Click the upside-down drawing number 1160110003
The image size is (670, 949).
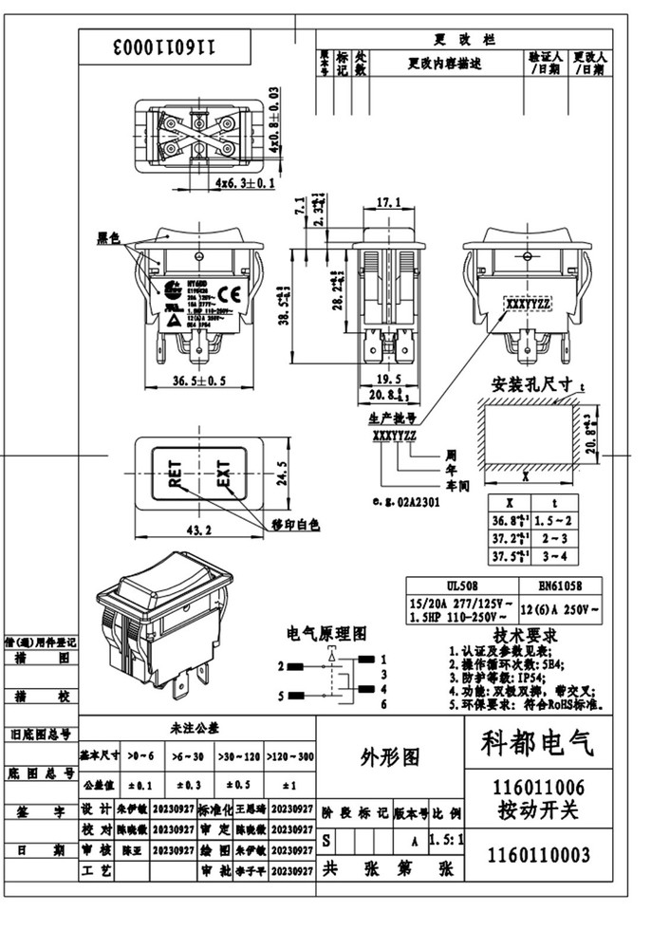(165, 46)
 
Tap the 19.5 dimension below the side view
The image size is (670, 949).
(388, 377)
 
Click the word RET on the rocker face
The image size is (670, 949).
(176, 471)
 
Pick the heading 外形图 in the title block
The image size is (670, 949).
(389, 756)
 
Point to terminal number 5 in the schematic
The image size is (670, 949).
(282, 698)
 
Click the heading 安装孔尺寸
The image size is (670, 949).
(530, 386)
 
